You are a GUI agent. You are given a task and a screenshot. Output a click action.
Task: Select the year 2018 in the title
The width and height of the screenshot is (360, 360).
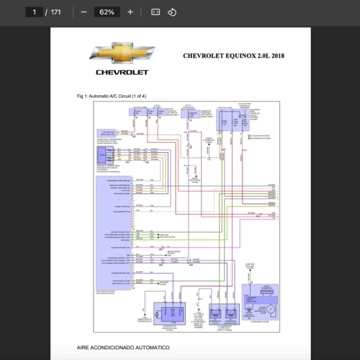pyautogui.click(x=278, y=56)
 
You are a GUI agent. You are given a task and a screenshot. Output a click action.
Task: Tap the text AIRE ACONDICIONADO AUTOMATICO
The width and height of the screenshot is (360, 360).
pyautogui.click(x=123, y=347)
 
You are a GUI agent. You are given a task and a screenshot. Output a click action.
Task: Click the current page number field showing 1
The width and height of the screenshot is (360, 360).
pyautogui.click(x=34, y=12)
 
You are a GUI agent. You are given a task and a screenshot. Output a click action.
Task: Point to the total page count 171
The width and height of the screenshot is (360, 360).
pyautogui.click(x=56, y=12)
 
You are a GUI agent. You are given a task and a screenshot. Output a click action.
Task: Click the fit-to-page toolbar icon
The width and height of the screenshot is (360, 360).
pyautogui.click(x=155, y=12)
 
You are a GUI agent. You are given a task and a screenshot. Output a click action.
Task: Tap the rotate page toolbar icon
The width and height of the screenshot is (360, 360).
pyautogui.click(x=172, y=12)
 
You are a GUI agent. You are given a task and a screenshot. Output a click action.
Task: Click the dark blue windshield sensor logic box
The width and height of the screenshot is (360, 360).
pyautogui.click(x=102, y=155)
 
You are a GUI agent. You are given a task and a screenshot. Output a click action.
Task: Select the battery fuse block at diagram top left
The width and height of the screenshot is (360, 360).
pyautogui.click(x=146, y=113)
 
